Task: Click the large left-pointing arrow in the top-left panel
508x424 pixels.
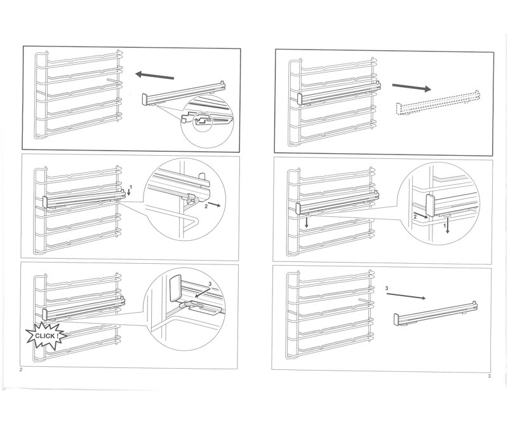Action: click(x=154, y=76)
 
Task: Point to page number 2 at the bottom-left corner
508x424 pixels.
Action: click(x=22, y=369)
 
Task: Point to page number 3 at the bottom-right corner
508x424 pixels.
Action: click(x=489, y=376)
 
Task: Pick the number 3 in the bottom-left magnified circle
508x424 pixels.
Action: click(x=210, y=284)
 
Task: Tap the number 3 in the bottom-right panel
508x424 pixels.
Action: click(x=387, y=289)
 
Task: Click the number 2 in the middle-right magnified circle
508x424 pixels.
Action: click(x=415, y=216)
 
